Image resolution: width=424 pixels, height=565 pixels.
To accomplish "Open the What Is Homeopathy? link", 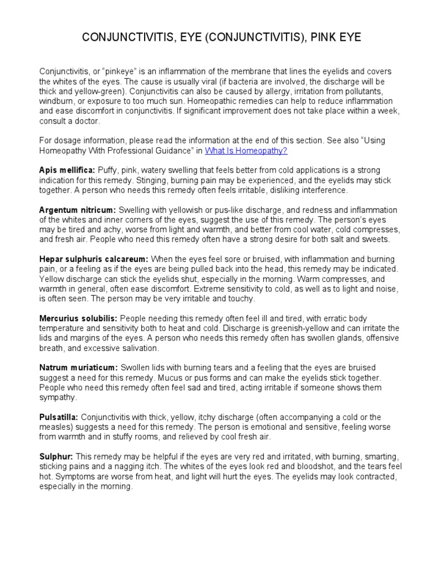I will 246,150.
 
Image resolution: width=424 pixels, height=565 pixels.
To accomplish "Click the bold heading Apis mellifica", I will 67,170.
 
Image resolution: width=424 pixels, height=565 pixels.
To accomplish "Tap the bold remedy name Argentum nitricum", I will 77,210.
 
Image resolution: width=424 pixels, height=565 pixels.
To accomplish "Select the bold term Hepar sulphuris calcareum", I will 93,259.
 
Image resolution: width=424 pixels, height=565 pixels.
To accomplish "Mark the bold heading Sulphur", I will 56,457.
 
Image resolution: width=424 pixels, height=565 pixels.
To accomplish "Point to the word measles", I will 56,427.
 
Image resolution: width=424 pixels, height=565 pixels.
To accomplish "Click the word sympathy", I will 58,397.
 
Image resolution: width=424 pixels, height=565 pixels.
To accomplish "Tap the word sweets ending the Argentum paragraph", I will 375,239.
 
